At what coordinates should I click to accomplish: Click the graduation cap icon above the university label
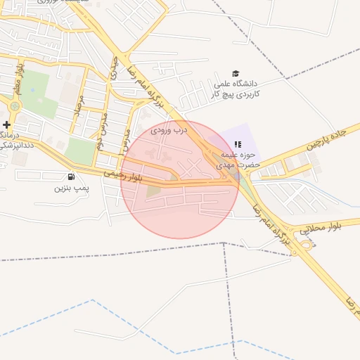[236, 74]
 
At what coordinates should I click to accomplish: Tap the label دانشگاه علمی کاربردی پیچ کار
[236, 89]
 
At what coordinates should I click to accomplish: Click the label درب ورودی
[171, 129]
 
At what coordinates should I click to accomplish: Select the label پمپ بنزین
[73, 188]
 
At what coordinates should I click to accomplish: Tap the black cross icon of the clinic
[6, 124]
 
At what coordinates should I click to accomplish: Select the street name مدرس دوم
[101, 123]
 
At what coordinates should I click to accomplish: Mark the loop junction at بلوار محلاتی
[307, 245]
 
